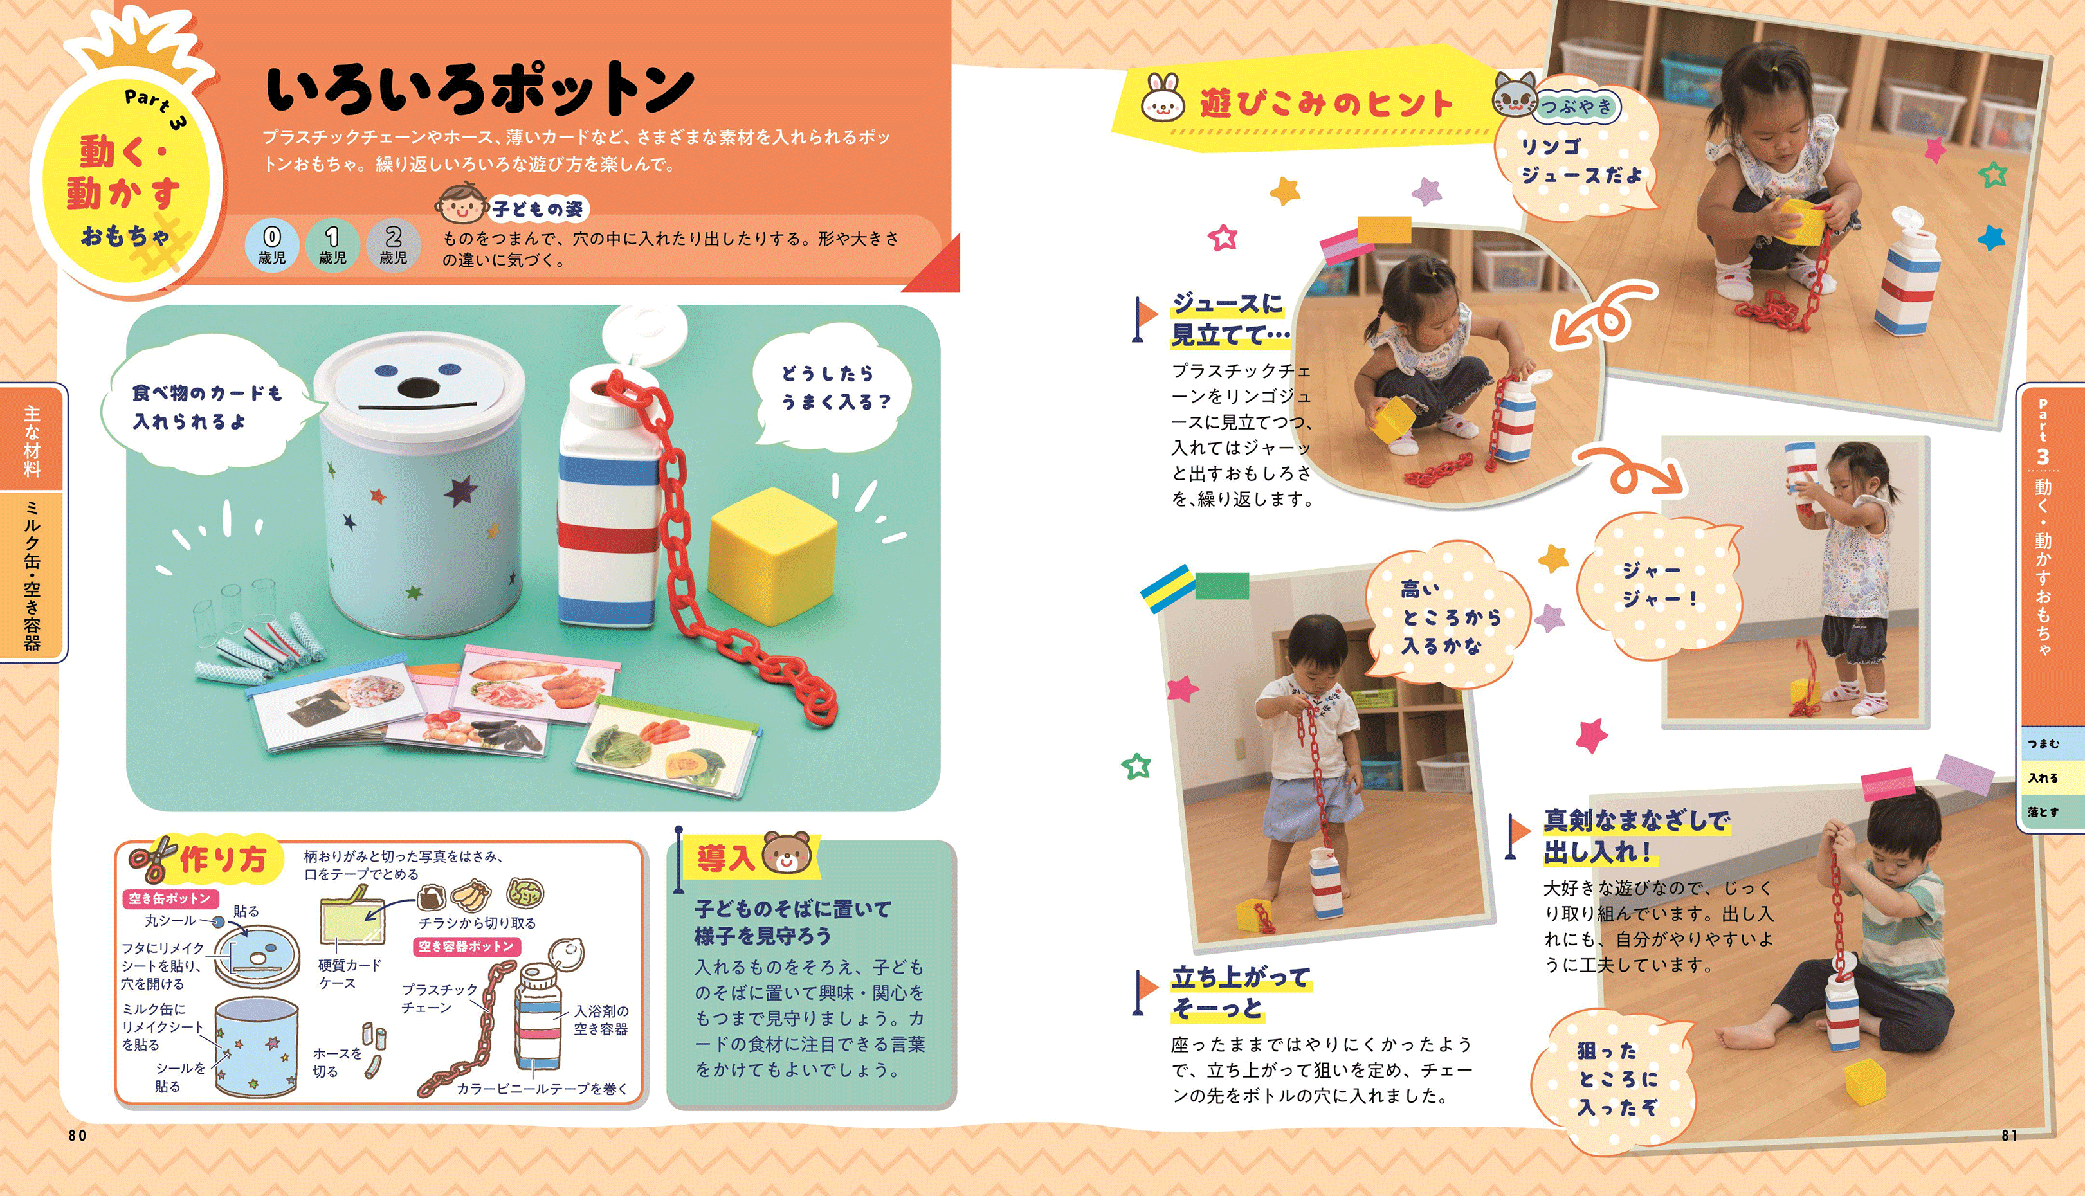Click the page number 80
coord(77,1135)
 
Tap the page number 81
coord(2009,1135)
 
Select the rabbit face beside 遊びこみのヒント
coord(1163,100)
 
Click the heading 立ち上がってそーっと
coord(1241,992)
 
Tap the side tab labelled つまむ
coord(2044,744)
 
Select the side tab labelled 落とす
coord(2044,812)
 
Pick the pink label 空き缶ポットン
coord(170,899)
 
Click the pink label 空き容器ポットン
coord(466,947)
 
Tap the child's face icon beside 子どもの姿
coord(462,204)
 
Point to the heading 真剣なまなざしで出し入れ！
coord(1637,835)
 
